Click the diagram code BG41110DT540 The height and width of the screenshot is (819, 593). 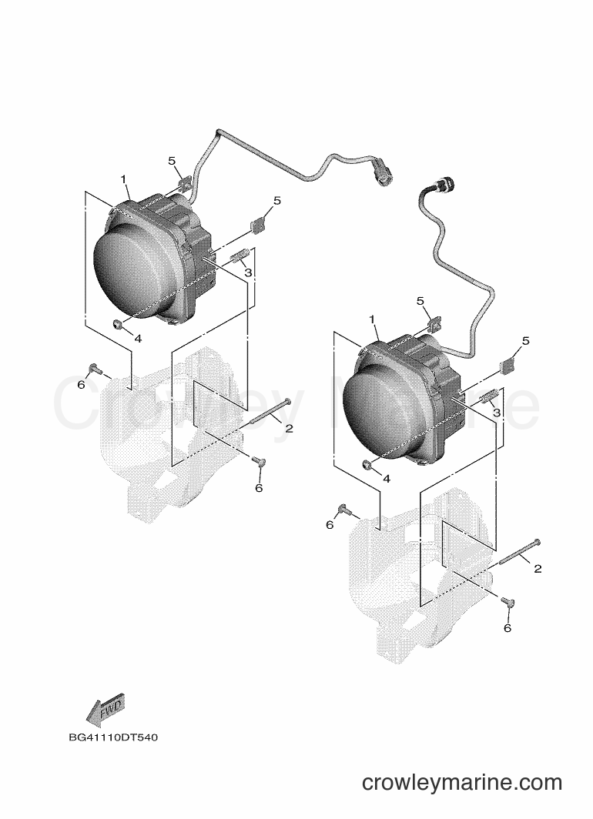pyautogui.click(x=113, y=739)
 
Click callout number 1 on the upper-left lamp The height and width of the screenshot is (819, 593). pyautogui.click(x=123, y=179)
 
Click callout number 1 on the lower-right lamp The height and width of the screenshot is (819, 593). pyautogui.click(x=372, y=319)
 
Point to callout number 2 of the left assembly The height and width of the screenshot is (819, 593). pyautogui.click(x=289, y=428)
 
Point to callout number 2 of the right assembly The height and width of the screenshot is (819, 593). pyautogui.click(x=538, y=568)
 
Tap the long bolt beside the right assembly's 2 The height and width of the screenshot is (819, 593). pyautogui.click(x=520, y=552)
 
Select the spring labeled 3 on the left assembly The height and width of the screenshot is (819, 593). pyautogui.click(x=239, y=257)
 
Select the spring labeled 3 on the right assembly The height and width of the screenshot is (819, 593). pyautogui.click(x=487, y=397)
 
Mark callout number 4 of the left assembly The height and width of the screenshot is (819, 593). pyautogui.click(x=138, y=339)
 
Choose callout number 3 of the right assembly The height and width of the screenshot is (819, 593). pyautogui.click(x=497, y=413)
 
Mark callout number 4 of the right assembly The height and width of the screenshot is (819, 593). pyautogui.click(x=387, y=479)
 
